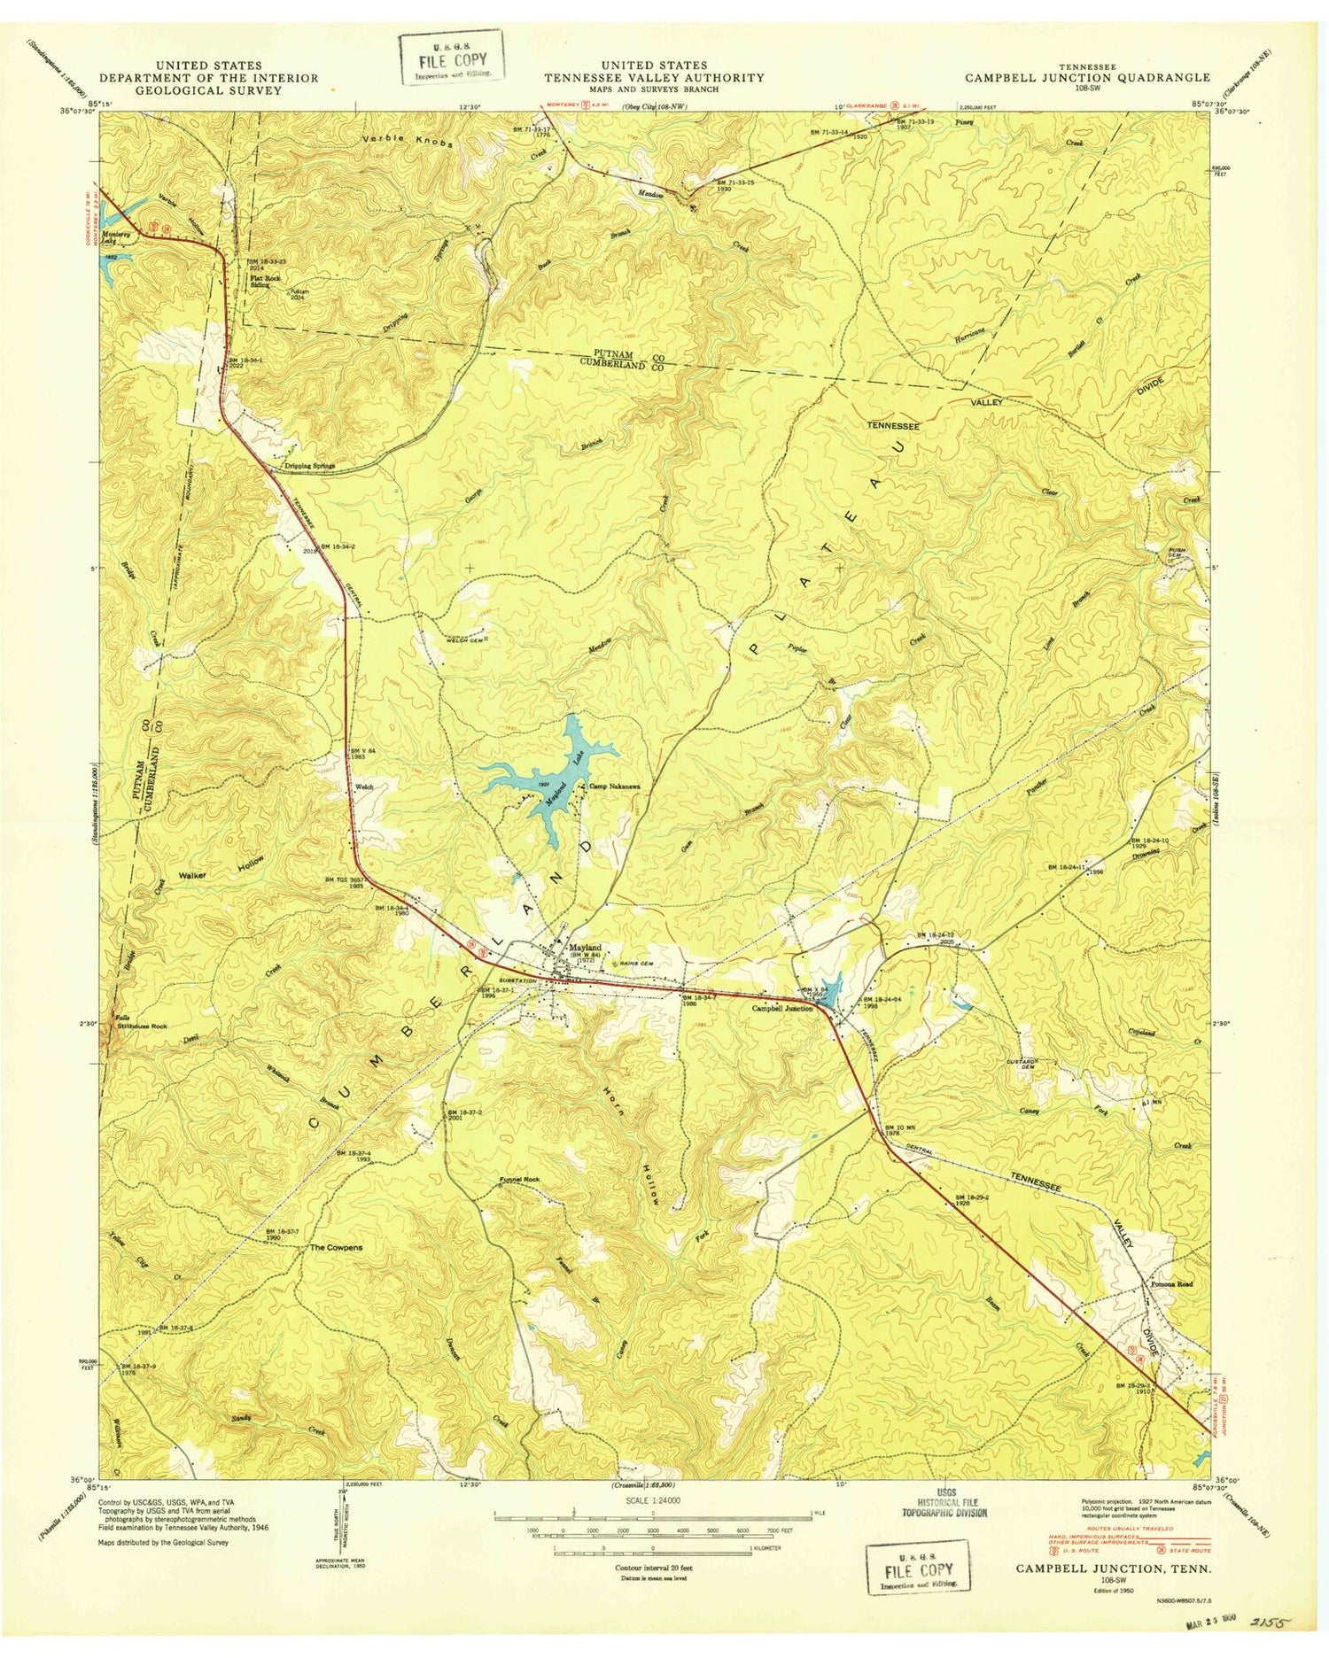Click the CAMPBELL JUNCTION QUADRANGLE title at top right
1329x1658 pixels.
click(x=1087, y=77)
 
